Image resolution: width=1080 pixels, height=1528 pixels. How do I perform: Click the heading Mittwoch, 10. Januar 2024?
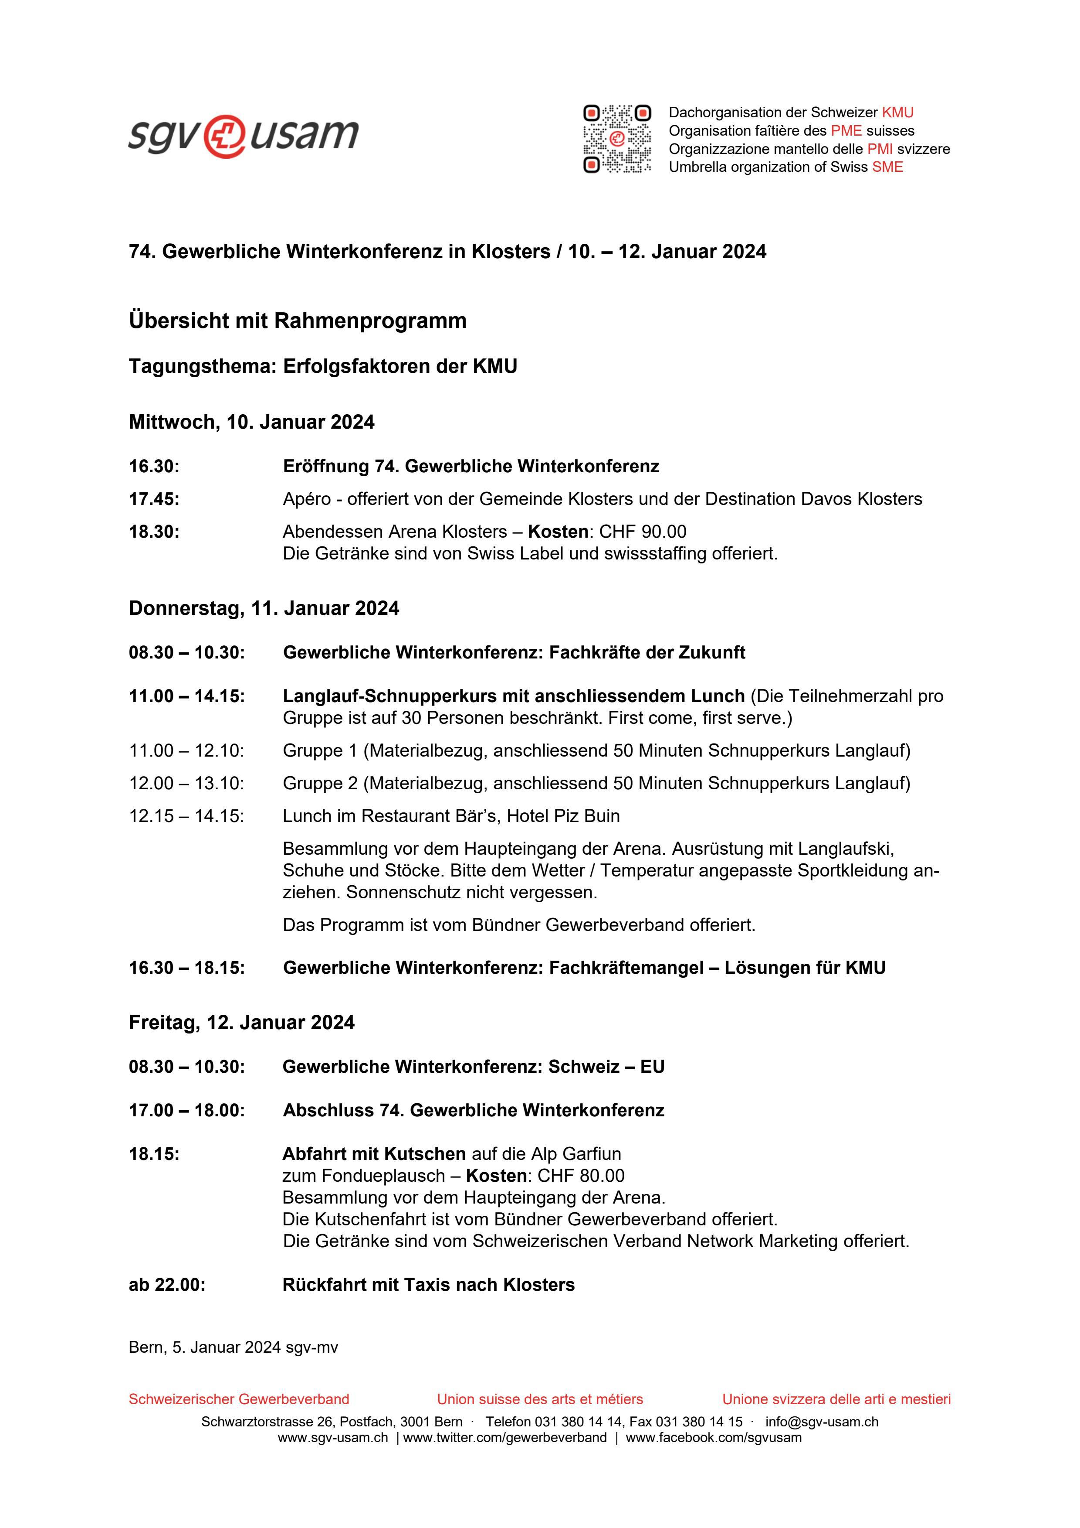(x=251, y=422)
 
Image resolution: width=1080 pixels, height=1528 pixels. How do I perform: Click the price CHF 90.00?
(x=643, y=531)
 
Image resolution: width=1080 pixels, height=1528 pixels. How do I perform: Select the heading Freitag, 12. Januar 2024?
(x=241, y=1022)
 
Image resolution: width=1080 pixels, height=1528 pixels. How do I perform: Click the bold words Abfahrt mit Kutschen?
(x=374, y=1153)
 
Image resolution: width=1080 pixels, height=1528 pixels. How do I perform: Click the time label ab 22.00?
(x=167, y=1284)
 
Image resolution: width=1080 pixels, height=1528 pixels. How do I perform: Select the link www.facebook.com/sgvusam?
(x=713, y=1437)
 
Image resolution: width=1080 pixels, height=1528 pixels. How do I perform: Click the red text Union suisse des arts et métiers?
(x=539, y=1399)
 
